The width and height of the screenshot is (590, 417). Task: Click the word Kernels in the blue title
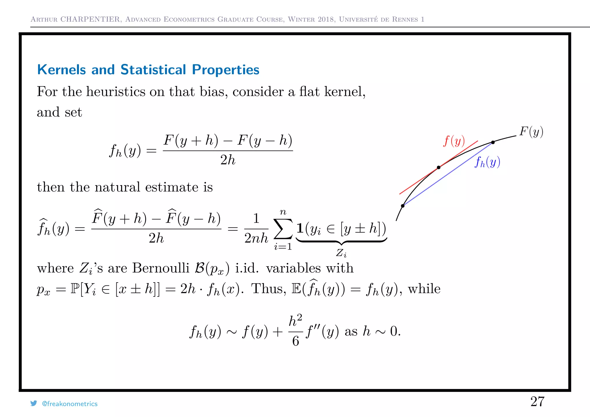click(61, 70)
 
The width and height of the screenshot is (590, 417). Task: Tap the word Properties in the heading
click(226, 70)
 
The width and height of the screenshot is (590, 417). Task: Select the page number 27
click(537, 401)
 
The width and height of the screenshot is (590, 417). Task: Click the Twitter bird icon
click(34, 403)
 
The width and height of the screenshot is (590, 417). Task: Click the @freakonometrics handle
click(70, 404)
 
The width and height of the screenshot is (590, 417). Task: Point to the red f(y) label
click(454, 141)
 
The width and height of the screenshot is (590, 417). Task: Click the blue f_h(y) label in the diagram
click(487, 162)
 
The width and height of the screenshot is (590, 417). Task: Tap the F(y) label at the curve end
click(531, 132)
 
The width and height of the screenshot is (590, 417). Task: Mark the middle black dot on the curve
click(438, 167)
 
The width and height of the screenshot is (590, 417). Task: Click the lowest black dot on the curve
click(403, 206)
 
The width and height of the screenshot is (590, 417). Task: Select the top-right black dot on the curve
click(493, 142)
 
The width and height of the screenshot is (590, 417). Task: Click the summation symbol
click(283, 229)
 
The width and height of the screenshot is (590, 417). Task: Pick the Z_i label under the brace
click(341, 253)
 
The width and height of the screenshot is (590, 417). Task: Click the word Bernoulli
click(160, 268)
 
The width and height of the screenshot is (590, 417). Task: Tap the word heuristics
click(116, 92)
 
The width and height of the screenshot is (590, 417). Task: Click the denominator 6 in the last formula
click(296, 341)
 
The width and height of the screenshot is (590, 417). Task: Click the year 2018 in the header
click(326, 19)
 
